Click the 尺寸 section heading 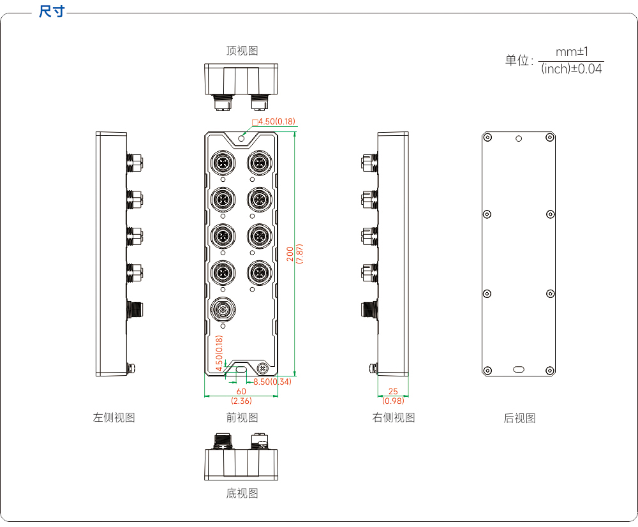point(52,11)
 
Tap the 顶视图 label point(242,50)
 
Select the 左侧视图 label point(114,417)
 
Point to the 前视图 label point(242,417)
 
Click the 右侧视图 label point(394,417)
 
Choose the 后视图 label point(519,418)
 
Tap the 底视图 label point(242,493)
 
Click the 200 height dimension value point(290,253)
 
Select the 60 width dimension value point(241,391)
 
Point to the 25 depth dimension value point(393,391)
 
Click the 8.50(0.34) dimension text point(272,382)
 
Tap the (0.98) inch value point(393,401)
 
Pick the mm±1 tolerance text point(572,52)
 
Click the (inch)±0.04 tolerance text point(571,69)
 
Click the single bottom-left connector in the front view point(223,309)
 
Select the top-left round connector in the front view point(223,163)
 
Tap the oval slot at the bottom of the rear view point(519,369)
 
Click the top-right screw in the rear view point(550,138)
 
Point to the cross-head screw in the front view point(263,369)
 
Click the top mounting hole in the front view point(241,139)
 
